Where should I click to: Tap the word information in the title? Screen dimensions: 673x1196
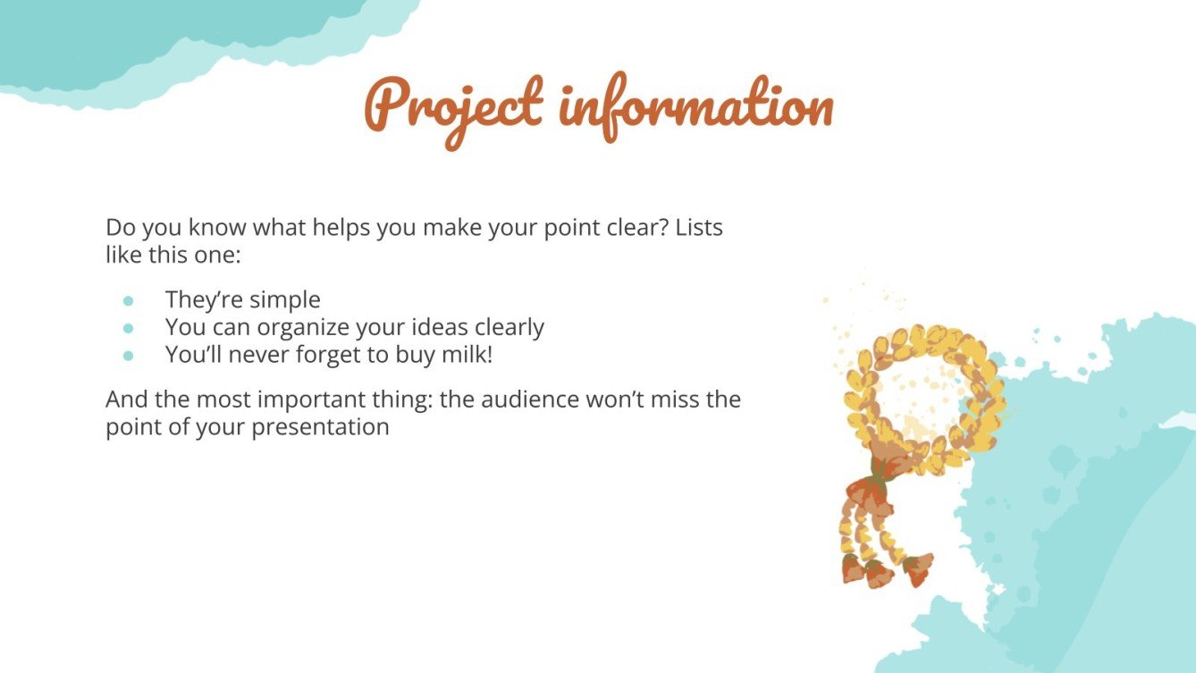coord(697,107)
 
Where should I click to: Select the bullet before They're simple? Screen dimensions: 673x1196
coord(128,300)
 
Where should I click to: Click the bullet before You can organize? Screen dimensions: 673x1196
coord(128,328)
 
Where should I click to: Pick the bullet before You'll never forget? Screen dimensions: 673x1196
coord(128,355)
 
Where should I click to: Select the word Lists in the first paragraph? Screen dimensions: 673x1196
coord(699,227)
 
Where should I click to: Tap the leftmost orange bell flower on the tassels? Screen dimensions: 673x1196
coord(854,568)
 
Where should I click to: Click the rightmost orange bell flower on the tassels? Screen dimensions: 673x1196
coord(918,567)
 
